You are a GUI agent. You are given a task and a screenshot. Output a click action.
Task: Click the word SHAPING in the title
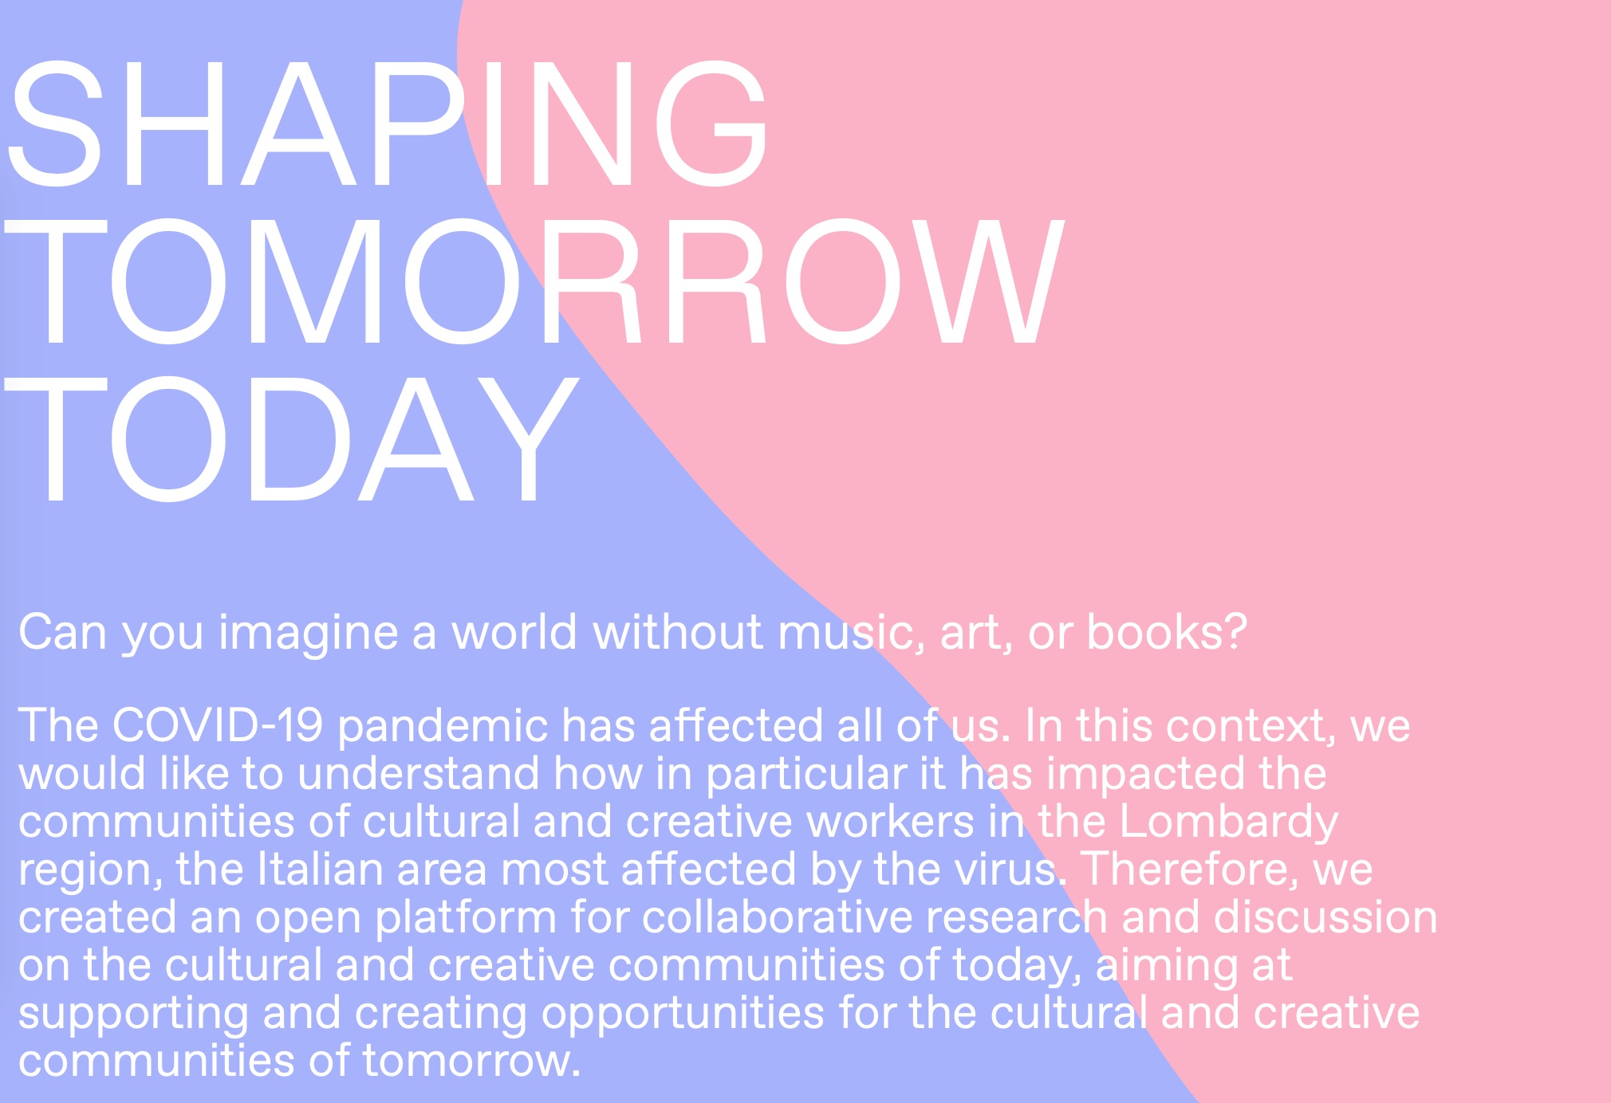tap(387, 125)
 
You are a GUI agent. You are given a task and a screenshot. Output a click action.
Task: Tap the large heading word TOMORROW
tap(534, 283)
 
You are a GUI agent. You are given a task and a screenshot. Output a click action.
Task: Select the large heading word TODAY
tap(291, 440)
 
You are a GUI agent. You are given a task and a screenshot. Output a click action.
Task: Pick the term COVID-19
tap(218, 726)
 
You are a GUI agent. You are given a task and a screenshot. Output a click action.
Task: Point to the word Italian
tap(320, 869)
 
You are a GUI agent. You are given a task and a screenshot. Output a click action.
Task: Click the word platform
tap(466, 919)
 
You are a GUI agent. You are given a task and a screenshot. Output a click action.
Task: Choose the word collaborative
tap(777, 917)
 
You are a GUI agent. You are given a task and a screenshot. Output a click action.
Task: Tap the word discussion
tap(1325, 917)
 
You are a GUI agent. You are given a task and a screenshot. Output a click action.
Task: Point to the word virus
tap(1010, 869)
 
